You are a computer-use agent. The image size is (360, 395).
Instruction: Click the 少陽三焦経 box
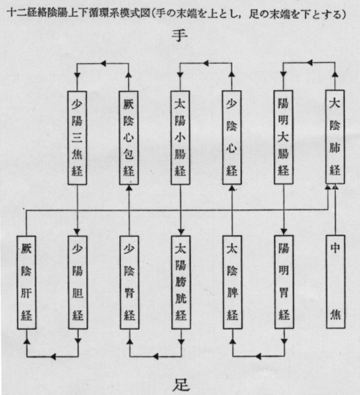[x=77, y=138]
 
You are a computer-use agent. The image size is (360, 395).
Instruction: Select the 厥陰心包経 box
[x=129, y=138]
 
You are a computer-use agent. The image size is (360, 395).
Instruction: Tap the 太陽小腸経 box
[x=180, y=137]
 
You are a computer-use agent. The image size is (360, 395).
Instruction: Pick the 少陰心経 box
[x=231, y=137]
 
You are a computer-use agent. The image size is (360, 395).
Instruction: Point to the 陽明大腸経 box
[x=283, y=137]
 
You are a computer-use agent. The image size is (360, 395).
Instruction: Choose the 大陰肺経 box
[x=335, y=137]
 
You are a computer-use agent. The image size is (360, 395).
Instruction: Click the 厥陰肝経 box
[x=26, y=283]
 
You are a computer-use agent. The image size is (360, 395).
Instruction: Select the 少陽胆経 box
[x=78, y=283]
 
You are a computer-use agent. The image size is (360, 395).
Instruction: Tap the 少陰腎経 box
[x=129, y=283]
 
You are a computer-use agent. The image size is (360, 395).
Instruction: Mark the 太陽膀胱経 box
[x=181, y=283]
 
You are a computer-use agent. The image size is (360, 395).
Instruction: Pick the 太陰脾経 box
[x=233, y=282]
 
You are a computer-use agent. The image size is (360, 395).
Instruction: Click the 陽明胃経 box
[x=284, y=282]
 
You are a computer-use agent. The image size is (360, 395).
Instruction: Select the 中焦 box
[x=336, y=282]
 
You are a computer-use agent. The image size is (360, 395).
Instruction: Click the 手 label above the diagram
[x=180, y=36]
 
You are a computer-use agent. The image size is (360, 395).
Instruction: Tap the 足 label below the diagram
[x=181, y=385]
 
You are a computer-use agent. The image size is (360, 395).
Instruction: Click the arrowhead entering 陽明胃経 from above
[x=284, y=231]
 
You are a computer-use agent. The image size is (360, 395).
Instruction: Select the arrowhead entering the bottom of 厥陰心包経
[x=129, y=188]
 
